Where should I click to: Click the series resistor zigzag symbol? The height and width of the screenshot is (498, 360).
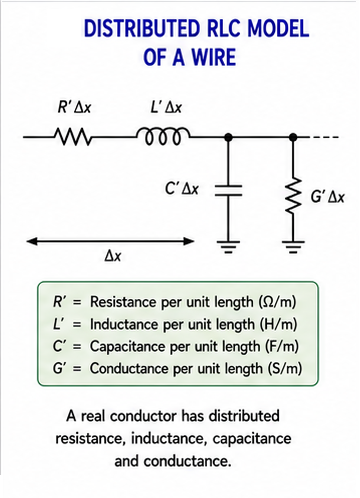72,137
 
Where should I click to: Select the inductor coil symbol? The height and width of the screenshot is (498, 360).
163,136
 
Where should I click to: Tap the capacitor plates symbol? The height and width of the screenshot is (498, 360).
228,190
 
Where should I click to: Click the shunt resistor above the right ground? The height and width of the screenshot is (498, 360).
293,197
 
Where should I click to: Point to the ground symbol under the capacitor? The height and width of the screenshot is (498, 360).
228,247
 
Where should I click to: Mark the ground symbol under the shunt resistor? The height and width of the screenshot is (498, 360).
293,247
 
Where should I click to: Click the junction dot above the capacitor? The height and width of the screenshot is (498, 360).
228,137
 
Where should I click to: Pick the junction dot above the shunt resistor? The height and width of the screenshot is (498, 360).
293,137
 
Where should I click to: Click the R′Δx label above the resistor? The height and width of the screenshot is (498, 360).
74,107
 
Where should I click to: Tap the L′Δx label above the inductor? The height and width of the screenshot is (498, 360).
166,107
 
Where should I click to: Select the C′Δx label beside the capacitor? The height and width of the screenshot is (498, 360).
182,189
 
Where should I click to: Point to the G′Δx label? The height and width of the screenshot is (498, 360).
327,197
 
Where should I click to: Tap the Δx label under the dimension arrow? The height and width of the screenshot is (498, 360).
113,256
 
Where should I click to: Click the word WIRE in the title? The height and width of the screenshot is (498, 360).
214,57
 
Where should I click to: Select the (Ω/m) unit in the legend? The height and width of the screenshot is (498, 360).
277,302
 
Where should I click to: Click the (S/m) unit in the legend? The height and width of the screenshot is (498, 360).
285,369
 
